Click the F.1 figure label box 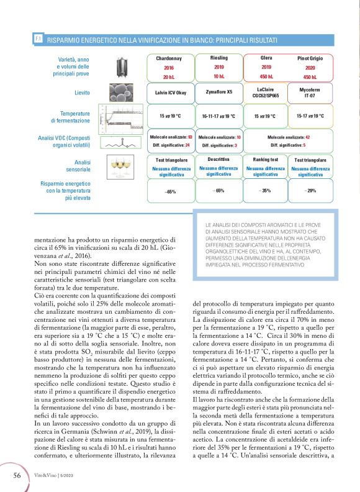[38, 39]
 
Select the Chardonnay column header [168, 58]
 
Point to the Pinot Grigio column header [310, 58]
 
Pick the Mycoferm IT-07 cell [310, 93]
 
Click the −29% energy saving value [310, 190]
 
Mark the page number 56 [18, 475]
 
